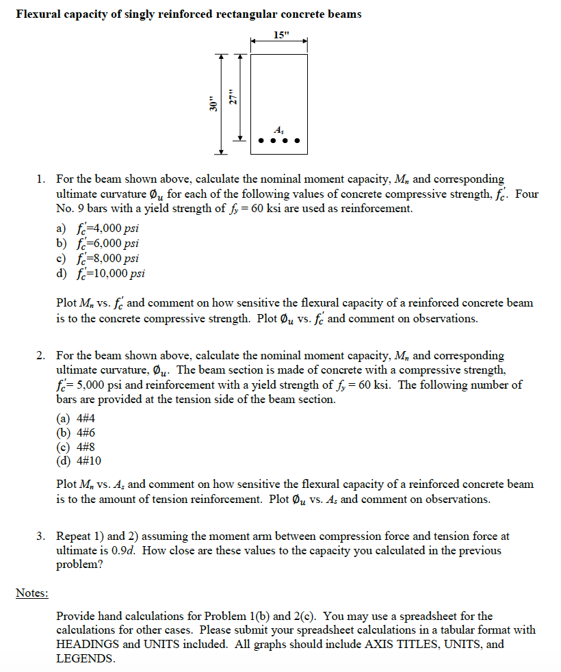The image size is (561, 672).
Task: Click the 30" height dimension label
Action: click(213, 105)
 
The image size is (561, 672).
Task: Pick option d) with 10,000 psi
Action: click(101, 274)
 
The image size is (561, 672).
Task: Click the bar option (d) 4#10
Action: click(78, 461)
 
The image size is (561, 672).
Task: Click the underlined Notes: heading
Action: click(32, 593)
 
